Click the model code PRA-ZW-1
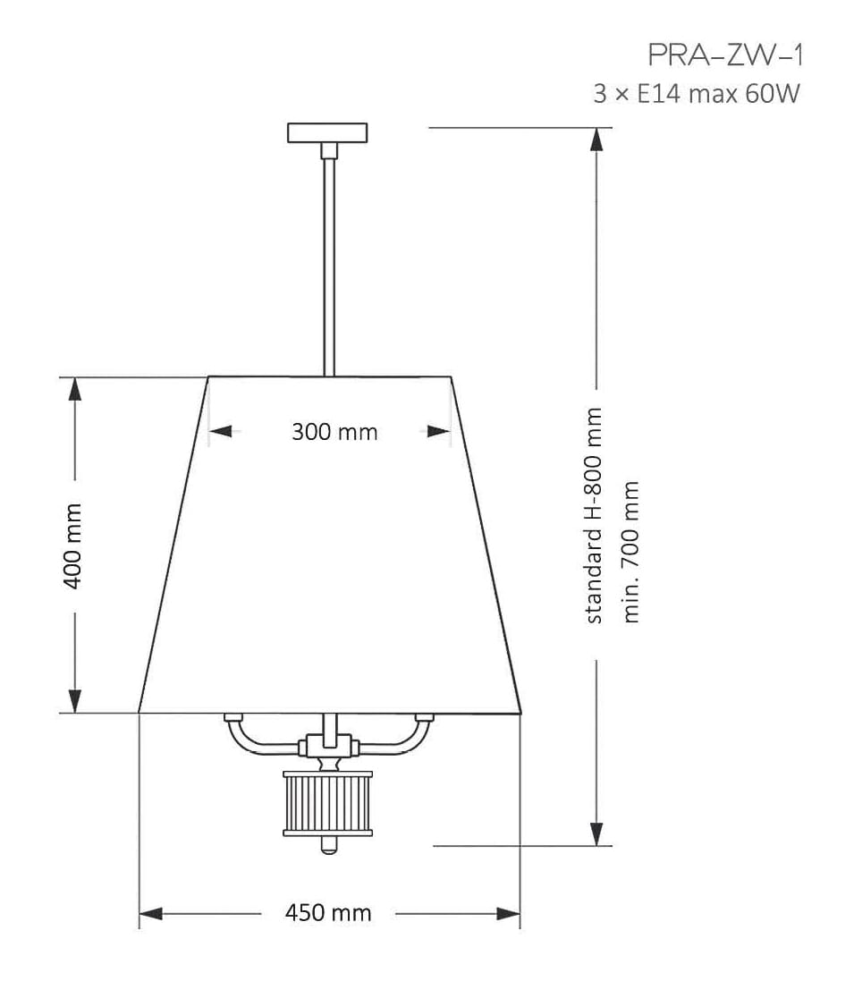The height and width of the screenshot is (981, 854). point(725,55)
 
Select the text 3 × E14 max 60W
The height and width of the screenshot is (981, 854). point(696,93)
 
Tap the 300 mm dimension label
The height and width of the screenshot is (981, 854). point(334,432)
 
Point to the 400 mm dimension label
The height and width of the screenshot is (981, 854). point(72,545)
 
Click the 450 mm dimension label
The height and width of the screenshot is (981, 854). point(327,913)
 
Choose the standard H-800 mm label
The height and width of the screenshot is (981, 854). point(594,515)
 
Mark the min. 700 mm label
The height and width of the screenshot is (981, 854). point(631,552)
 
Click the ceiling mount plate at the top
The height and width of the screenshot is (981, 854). point(327,132)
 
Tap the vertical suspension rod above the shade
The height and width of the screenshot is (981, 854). point(328,259)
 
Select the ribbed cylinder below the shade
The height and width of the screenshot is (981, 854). point(327,804)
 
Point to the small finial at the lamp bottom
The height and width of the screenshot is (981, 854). point(328,845)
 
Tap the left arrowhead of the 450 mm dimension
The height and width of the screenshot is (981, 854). point(150,914)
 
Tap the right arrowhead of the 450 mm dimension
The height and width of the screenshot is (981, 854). point(509,914)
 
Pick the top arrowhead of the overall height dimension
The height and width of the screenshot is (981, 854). point(596,140)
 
